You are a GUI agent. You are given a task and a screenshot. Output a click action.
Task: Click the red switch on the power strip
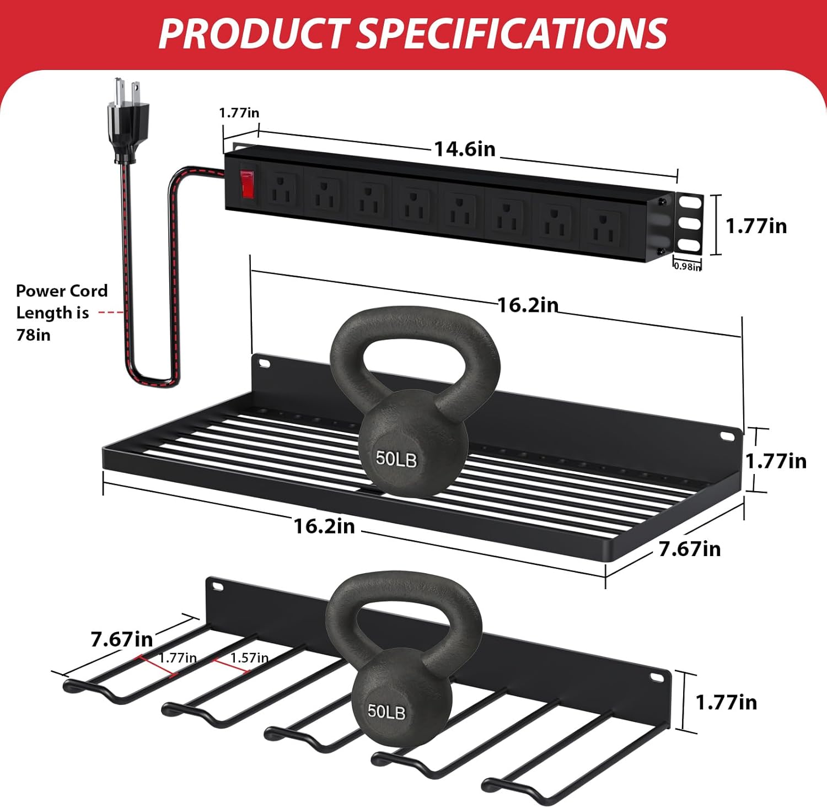tap(247, 184)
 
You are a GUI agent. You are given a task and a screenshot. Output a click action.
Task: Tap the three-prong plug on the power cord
tap(125, 121)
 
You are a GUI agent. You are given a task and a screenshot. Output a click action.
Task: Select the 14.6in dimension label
tap(465, 149)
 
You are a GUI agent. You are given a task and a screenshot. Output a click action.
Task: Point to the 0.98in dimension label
tap(688, 267)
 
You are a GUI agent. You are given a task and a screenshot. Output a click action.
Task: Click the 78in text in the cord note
tap(33, 335)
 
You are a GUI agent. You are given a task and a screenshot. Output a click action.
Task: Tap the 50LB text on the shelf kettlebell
tap(396, 459)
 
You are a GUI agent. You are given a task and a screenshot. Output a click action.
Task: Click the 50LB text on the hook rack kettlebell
tap(386, 712)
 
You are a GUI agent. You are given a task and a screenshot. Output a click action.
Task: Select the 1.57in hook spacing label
tap(249, 658)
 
